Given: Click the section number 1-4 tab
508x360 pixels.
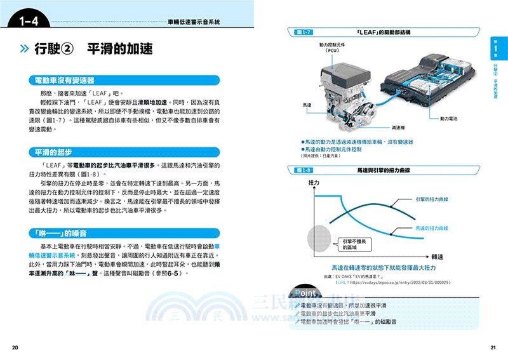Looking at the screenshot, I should pos(29,23).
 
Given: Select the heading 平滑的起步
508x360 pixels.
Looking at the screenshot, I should pos(54,152).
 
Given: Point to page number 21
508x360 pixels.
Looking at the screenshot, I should pos(492,347).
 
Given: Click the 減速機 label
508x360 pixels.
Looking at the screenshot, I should pos(385,126).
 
